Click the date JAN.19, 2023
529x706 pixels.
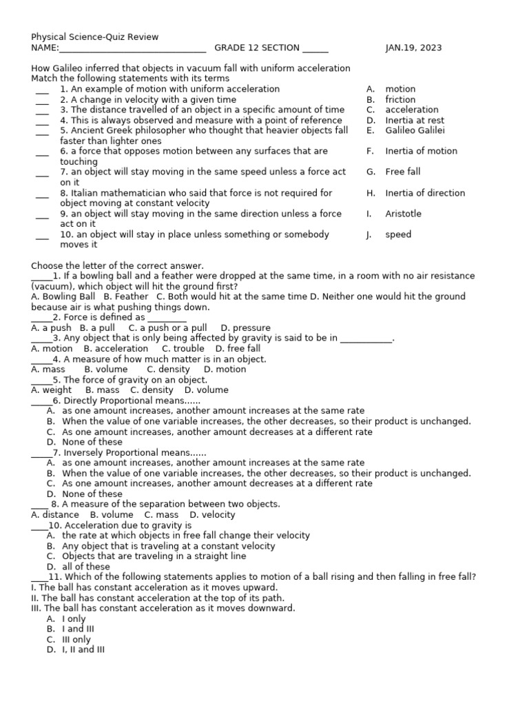[413, 48]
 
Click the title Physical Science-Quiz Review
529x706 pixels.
[94, 37]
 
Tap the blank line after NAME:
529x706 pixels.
[132, 48]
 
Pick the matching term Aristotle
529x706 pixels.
[403, 214]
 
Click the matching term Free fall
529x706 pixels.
[402, 172]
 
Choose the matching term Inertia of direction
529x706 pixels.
[425, 193]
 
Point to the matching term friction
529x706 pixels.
[400, 99]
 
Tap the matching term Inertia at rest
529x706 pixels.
[415, 120]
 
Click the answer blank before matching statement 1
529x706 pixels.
[42, 90]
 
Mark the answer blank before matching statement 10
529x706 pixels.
[42, 236]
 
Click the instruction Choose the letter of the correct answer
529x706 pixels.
[117, 265]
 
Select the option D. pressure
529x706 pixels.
[245, 327]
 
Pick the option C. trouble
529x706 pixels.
[183, 349]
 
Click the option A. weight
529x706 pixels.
[52, 390]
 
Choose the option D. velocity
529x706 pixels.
[212, 514]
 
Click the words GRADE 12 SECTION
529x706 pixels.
[256, 48]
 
